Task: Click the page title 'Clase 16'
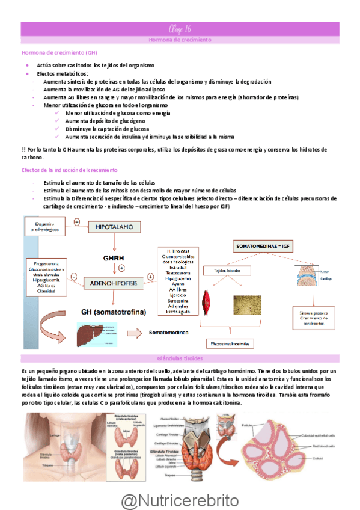click(x=180, y=29)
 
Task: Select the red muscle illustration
click(x=209, y=300)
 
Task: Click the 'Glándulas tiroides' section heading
click(x=180, y=359)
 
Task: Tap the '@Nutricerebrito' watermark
click(x=180, y=500)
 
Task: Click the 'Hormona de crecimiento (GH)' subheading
click(x=50, y=53)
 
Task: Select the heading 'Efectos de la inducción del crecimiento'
click(x=70, y=170)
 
